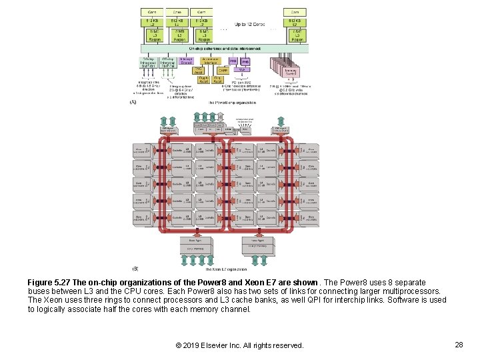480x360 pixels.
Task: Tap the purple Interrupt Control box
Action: point(187,61)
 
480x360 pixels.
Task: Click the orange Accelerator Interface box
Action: point(211,60)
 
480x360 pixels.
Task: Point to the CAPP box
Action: point(223,69)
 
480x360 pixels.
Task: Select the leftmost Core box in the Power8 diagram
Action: point(153,12)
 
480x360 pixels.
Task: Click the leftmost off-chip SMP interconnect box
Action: point(149,61)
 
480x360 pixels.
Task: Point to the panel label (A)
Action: point(133,103)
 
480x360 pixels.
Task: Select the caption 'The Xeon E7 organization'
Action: point(226,269)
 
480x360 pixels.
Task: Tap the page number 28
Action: point(459,345)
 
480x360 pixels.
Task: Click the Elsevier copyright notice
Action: point(239,345)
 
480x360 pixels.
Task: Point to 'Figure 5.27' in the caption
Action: point(51,283)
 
